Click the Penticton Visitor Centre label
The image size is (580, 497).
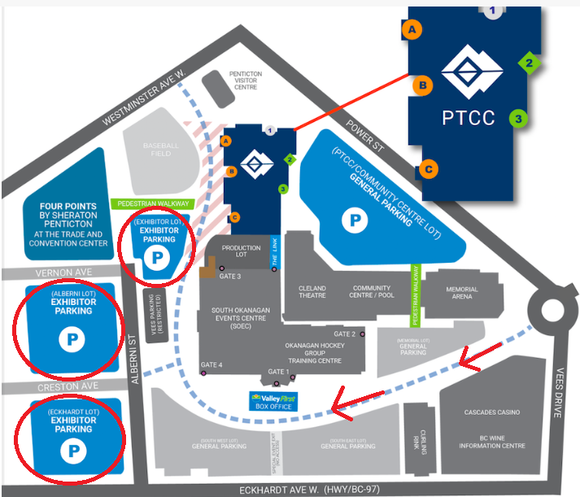click(244, 80)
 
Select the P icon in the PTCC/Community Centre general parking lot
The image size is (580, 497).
click(354, 218)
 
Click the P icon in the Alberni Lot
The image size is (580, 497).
click(72, 338)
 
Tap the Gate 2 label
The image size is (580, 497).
click(344, 334)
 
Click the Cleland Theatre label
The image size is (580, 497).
click(312, 293)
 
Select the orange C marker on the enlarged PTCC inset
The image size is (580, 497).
click(430, 170)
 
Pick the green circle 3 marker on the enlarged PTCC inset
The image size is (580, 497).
click(517, 118)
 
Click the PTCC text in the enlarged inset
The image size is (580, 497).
click(468, 118)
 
